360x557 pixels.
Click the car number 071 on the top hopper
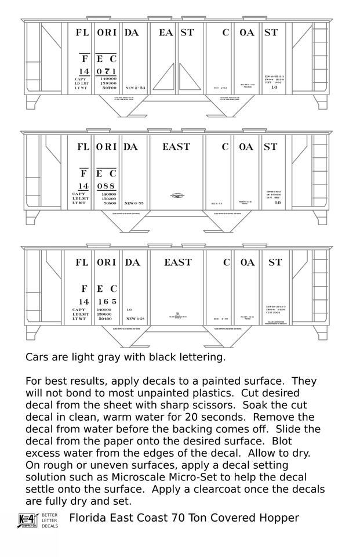[107, 71]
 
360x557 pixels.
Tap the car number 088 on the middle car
[107, 186]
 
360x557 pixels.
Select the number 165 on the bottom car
[107, 302]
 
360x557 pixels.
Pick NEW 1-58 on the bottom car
[135, 319]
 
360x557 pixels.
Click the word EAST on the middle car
[176, 147]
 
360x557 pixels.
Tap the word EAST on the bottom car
[177, 262]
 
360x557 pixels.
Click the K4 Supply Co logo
[27, 520]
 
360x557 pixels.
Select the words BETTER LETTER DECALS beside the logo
[49, 520]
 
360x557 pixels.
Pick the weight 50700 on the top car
[108, 88]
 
